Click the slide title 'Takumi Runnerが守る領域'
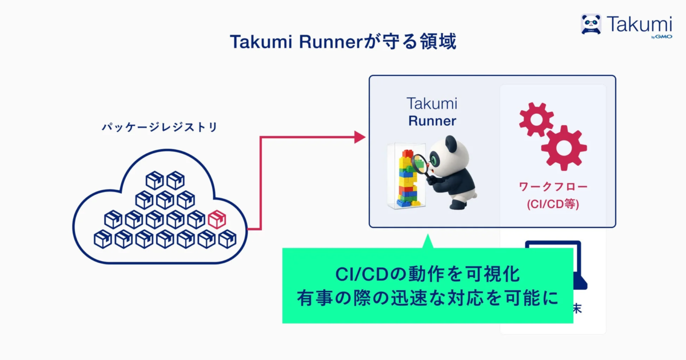[343, 42]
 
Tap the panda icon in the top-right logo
[591, 24]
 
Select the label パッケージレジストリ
[159, 127]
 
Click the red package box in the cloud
[217, 219]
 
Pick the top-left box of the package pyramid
[154, 181]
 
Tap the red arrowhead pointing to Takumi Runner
[360, 137]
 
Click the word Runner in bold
[432, 121]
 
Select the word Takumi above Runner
[432, 103]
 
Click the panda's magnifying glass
[420, 166]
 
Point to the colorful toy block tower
[406, 177]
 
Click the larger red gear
[564, 147]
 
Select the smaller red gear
[535, 119]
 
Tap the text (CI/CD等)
[553, 204]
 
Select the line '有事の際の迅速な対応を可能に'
[427, 298]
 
